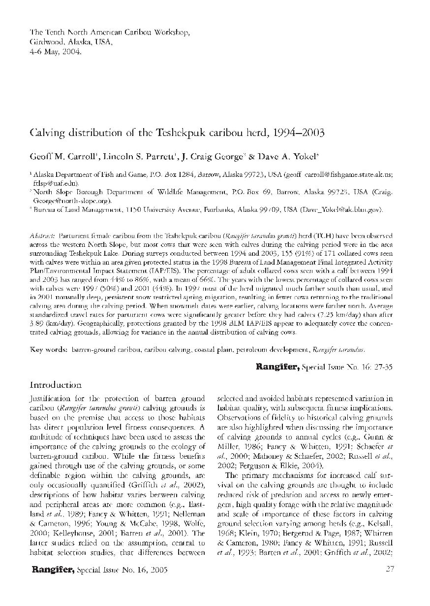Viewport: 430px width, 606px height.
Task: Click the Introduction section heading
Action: pyautogui.click(x=56, y=385)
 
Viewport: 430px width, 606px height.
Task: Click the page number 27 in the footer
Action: pyautogui.click(x=391, y=570)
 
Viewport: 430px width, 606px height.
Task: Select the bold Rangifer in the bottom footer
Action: pyautogui.click(x=53, y=570)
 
